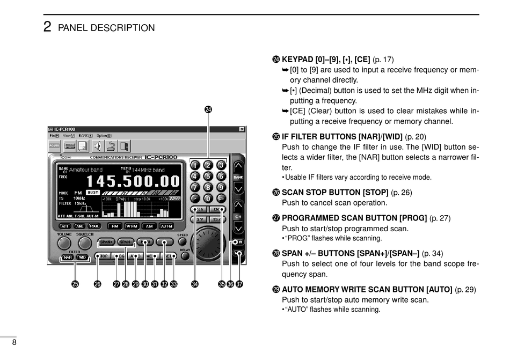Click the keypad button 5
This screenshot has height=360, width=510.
[x=208, y=176]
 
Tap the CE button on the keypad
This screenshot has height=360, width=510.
[x=221, y=199]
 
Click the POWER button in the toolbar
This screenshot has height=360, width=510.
[x=54, y=145]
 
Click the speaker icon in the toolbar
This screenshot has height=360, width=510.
[x=97, y=145]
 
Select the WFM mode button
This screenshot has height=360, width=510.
[x=131, y=226]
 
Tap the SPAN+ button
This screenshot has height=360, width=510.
[x=107, y=242]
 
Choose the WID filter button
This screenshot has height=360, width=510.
[x=82, y=258]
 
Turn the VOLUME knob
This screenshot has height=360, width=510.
[x=64, y=244]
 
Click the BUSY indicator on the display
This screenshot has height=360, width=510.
[x=93, y=192]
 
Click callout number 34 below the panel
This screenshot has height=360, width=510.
[x=194, y=284]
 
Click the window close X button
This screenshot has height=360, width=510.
[x=242, y=129]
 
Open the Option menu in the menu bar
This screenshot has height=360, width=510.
[x=104, y=136]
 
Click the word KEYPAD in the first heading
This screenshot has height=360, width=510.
[x=298, y=60]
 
